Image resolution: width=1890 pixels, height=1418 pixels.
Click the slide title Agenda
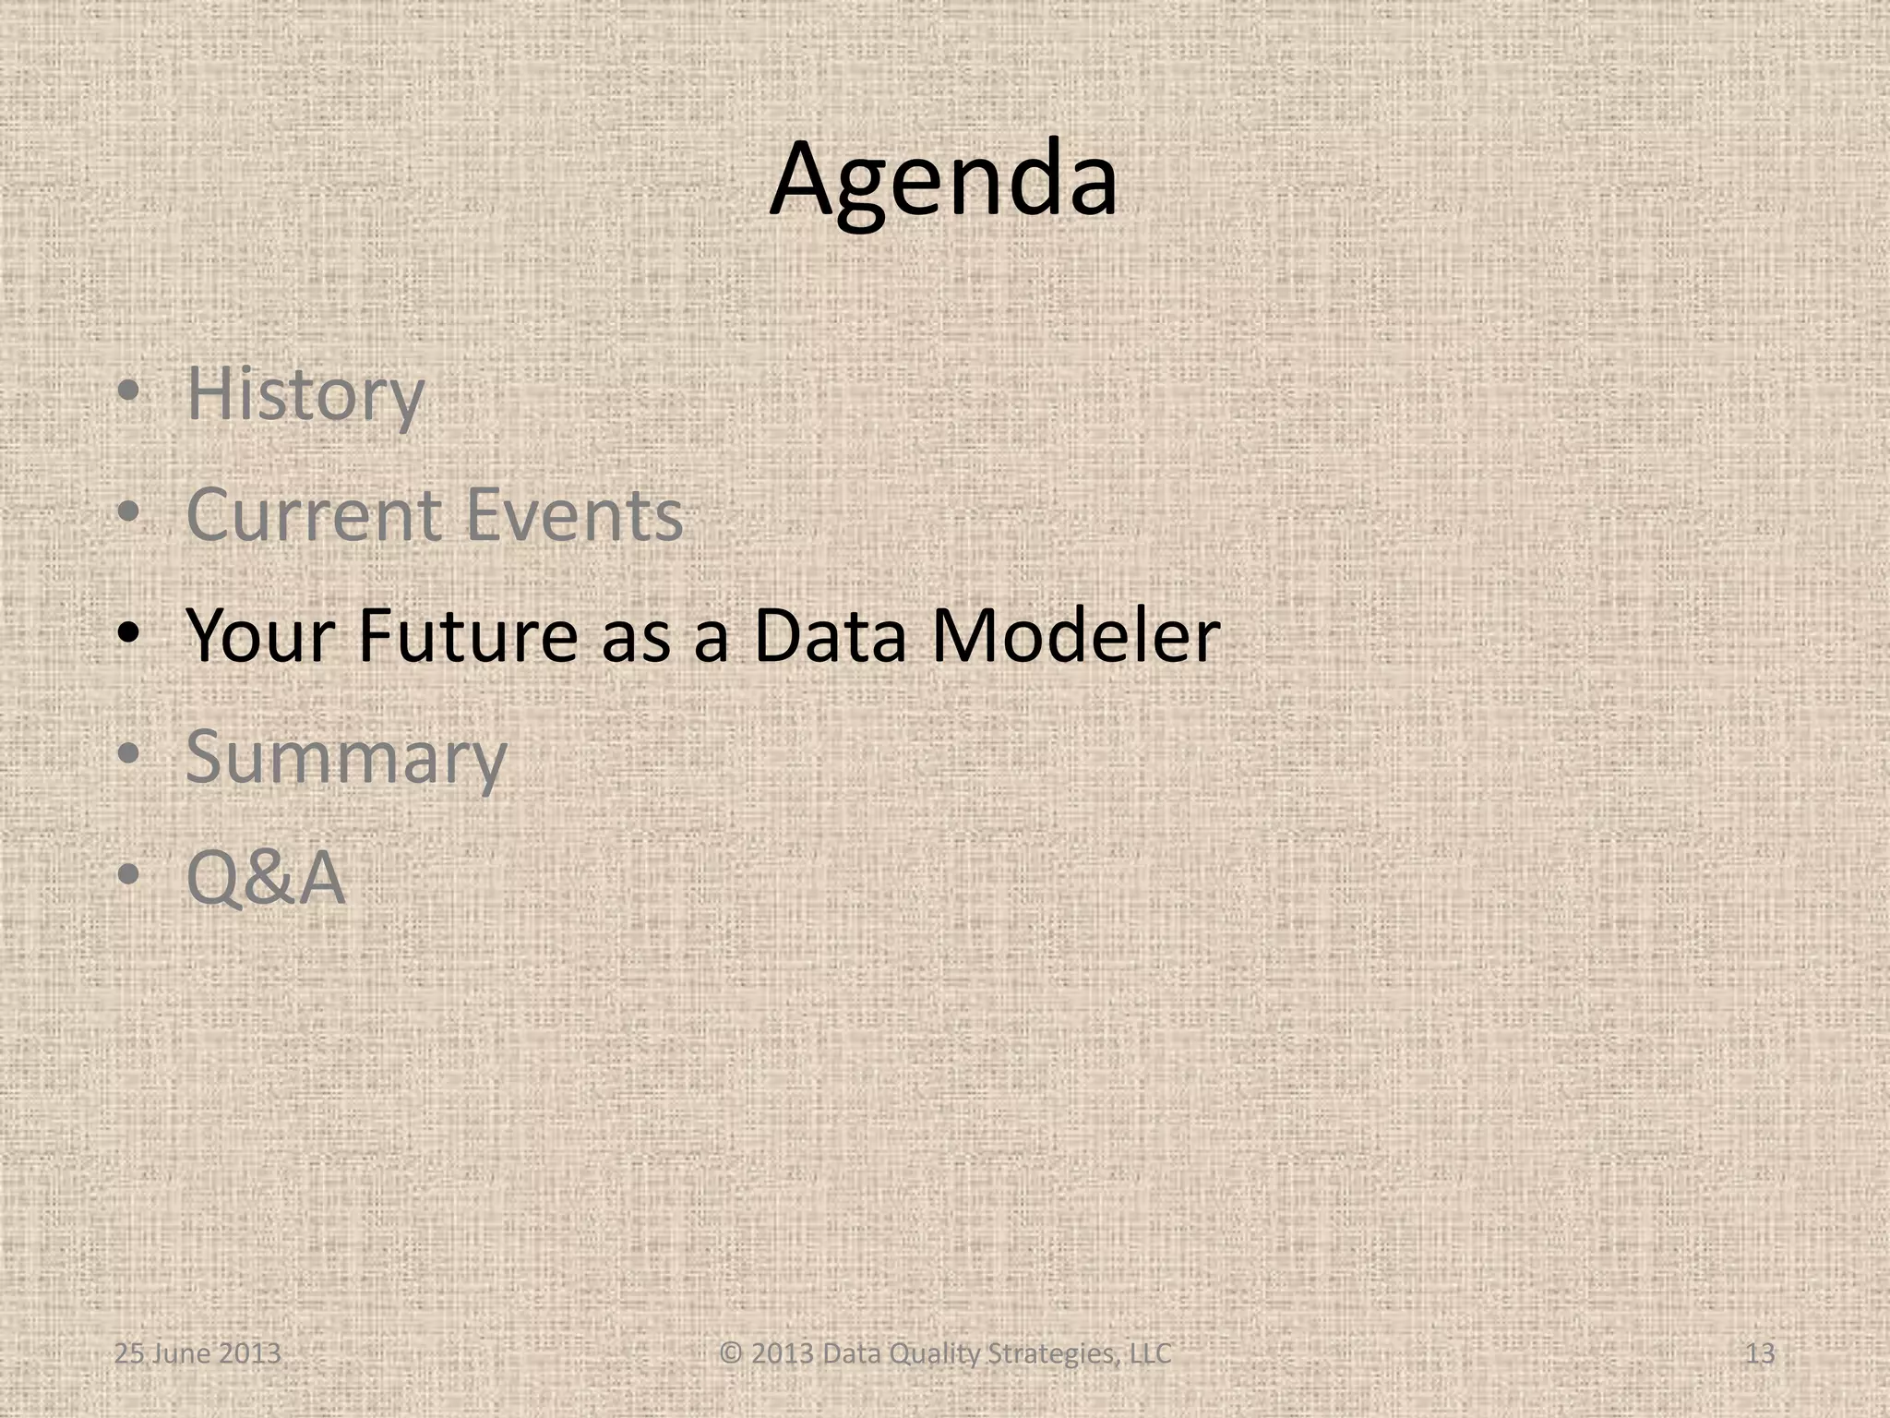[x=943, y=180]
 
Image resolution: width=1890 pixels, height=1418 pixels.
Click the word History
[x=305, y=394]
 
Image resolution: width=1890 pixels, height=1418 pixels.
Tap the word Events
[x=574, y=514]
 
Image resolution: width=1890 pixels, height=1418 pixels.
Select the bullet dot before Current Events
[x=128, y=513]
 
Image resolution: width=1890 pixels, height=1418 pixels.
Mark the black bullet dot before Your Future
[x=128, y=634]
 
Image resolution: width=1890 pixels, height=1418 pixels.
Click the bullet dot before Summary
[x=128, y=755]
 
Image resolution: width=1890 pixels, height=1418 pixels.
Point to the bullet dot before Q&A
[x=128, y=875]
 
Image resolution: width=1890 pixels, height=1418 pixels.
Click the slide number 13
[x=1760, y=1354]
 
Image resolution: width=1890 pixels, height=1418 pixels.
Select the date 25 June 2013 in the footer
[x=197, y=1354]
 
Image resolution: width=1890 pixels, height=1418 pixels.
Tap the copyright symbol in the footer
[x=731, y=1354]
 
